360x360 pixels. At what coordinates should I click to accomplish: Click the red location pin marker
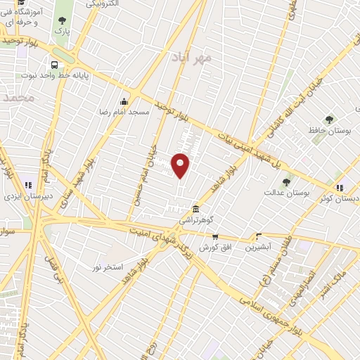(x=181, y=165)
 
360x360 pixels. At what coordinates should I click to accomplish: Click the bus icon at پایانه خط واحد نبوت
(x=55, y=61)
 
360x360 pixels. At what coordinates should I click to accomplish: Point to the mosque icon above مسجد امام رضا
(x=124, y=101)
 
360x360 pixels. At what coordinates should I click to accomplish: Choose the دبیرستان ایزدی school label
(x=27, y=198)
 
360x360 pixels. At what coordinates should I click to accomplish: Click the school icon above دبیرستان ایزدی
(x=28, y=186)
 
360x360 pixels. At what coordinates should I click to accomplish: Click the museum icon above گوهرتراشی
(x=196, y=209)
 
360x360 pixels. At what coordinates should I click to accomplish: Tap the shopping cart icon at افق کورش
(x=215, y=237)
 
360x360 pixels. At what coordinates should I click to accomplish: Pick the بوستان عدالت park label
(x=286, y=193)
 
